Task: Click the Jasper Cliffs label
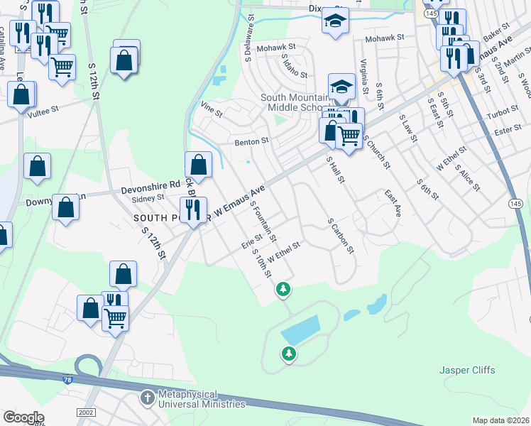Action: pyautogui.click(x=466, y=370)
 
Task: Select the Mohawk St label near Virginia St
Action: pyautogui.click(x=383, y=38)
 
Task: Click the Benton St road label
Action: pyautogui.click(x=252, y=141)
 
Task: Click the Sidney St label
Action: pyautogui.click(x=150, y=198)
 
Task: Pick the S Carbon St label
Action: pyautogui.click(x=340, y=235)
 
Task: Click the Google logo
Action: pyautogui.click(x=23, y=417)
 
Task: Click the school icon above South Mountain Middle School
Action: pyautogui.click(x=341, y=87)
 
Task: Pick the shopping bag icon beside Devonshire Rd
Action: pyautogui.click(x=199, y=165)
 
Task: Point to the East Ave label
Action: pyautogui.click(x=393, y=202)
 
